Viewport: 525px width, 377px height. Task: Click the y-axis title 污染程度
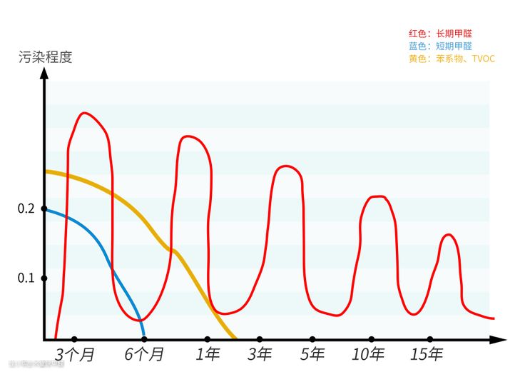click(x=46, y=57)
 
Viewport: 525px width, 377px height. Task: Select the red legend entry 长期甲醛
click(x=440, y=34)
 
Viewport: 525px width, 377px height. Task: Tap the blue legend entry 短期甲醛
click(x=440, y=46)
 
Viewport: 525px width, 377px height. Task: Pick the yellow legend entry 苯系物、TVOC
click(x=452, y=59)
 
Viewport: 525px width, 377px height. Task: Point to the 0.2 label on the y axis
click(x=26, y=208)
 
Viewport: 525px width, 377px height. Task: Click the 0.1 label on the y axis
click(x=26, y=278)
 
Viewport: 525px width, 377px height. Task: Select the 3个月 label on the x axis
click(x=75, y=354)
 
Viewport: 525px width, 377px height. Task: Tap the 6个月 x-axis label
click(x=144, y=354)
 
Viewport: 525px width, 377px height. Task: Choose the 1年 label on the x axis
click(x=208, y=354)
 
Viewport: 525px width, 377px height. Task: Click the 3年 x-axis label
click(x=260, y=354)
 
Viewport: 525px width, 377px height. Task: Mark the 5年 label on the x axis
click(x=312, y=354)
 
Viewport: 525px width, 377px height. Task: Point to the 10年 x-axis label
click(x=369, y=354)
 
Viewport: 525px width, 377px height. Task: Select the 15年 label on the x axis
click(x=427, y=354)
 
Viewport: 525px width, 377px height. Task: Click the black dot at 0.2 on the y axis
click(x=44, y=208)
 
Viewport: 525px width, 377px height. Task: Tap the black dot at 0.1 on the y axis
click(x=44, y=278)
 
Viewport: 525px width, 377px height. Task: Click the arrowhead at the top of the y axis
click(x=44, y=74)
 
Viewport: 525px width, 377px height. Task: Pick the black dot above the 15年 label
click(x=429, y=339)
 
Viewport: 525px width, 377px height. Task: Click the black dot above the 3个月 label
click(x=74, y=339)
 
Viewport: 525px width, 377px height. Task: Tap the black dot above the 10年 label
click(x=371, y=339)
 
